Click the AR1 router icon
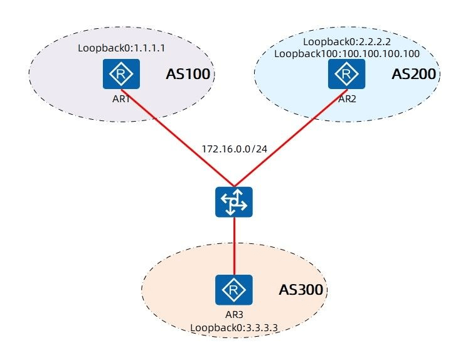click(x=121, y=74)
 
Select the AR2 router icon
click(x=346, y=74)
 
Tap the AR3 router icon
click(x=234, y=290)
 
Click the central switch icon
click(x=234, y=202)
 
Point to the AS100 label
click(x=188, y=74)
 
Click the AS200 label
click(x=413, y=74)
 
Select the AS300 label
click(x=301, y=290)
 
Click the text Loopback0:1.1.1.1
click(x=122, y=48)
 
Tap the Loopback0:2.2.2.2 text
click(x=347, y=41)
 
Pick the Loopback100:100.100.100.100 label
click(x=347, y=54)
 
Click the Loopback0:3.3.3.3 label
click(x=234, y=328)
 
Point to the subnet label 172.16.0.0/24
click(x=234, y=149)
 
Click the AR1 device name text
click(x=121, y=99)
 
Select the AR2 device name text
click(x=347, y=99)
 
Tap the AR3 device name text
click(x=234, y=314)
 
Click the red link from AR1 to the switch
click(x=178, y=137)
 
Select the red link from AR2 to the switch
click(x=290, y=137)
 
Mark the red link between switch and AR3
click(x=234, y=246)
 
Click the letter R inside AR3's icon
click(x=234, y=290)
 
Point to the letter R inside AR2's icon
click(x=346, y=73)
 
